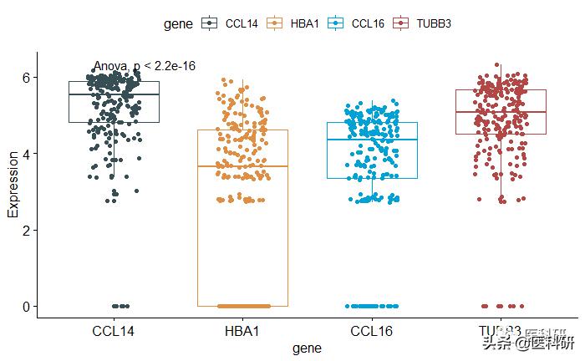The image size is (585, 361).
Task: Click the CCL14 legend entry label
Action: pyautogui.click(x=242, y=24)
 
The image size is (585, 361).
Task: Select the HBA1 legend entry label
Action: pyautogui.click(x=305, y=24)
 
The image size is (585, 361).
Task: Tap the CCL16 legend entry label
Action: pyautogui.click(x=368, y=24)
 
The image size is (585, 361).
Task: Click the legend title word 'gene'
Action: pyautogui.click(x=177, y=24)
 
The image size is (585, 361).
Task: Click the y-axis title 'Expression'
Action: pyautogui.click(x=13, y=185)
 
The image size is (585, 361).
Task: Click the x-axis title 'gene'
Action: pyautogui.click(x=307, y=348)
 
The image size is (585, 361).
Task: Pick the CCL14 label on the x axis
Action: pyautogui.click(x=113, y=332)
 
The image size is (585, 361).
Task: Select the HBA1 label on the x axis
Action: pyautogui.click(x=242, y=332)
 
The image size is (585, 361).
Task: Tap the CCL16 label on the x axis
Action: pyautogui.click(x=372, y=332)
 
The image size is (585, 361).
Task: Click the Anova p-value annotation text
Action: pyautogui.click(x=145, y=66)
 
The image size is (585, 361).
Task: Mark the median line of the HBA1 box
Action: pyautogui.click(x=242, y=166)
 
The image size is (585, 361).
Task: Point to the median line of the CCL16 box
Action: pyautogui.click(x=372, y=140)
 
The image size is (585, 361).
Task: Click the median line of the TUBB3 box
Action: pyautogui.click(x=501, y=112)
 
